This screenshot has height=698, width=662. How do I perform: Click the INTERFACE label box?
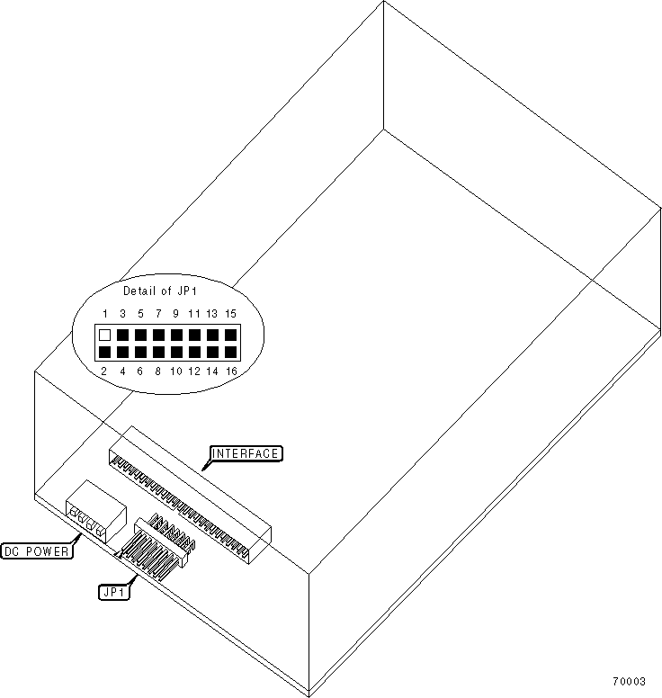click(x=246, y=453)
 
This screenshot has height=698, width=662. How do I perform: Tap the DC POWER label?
click(x=37, y=550)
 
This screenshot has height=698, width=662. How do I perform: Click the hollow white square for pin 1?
click(x=105, y=335)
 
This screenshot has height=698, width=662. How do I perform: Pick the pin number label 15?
click(x=231, y=314)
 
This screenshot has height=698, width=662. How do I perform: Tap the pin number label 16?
click(x=231, y=371)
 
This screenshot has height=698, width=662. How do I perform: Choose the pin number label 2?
click(x=105, y=371)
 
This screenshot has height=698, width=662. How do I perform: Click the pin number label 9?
click(x=175, y=314)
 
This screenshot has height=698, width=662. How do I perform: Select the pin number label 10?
click(x=176, y=371)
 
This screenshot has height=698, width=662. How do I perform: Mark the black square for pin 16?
click(x=231, y=352)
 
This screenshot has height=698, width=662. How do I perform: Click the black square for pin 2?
click(x=105, y=352)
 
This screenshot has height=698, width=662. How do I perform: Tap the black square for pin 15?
click(x=231, y=335)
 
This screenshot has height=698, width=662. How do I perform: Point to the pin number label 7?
click(x=158, y=314)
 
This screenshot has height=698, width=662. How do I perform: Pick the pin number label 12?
click(x=194, y=371)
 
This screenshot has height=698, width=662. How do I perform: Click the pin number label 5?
click(x=140, y=314)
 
